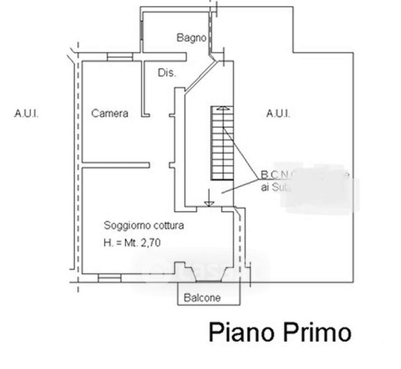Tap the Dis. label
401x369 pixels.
(x=167, y=73)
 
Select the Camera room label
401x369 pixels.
(x=109, y=113)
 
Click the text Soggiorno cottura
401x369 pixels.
(x=143, y=225)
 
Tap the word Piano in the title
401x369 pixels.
(x=240, y=333)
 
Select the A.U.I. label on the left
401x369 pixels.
(x=26, y=114)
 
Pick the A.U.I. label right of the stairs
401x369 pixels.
(x=278, y=113)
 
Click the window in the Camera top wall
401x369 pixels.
(x=119, y=57)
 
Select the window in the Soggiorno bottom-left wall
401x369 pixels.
(x=109, y=278)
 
